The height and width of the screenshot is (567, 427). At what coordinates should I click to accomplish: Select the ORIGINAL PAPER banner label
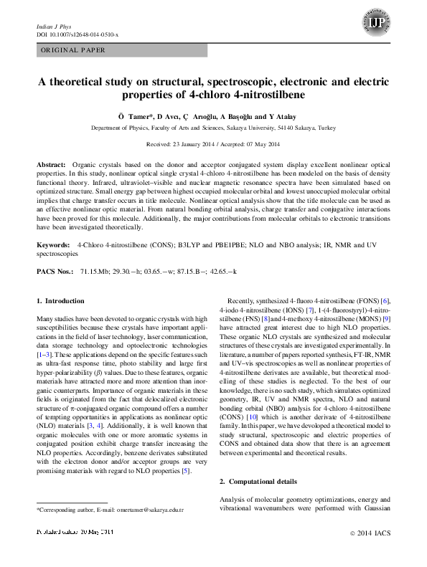coord(73,50)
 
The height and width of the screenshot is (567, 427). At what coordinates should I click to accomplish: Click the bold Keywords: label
coord(54,245)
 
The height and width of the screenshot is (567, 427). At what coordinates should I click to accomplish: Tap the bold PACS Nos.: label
coord(55,272)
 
